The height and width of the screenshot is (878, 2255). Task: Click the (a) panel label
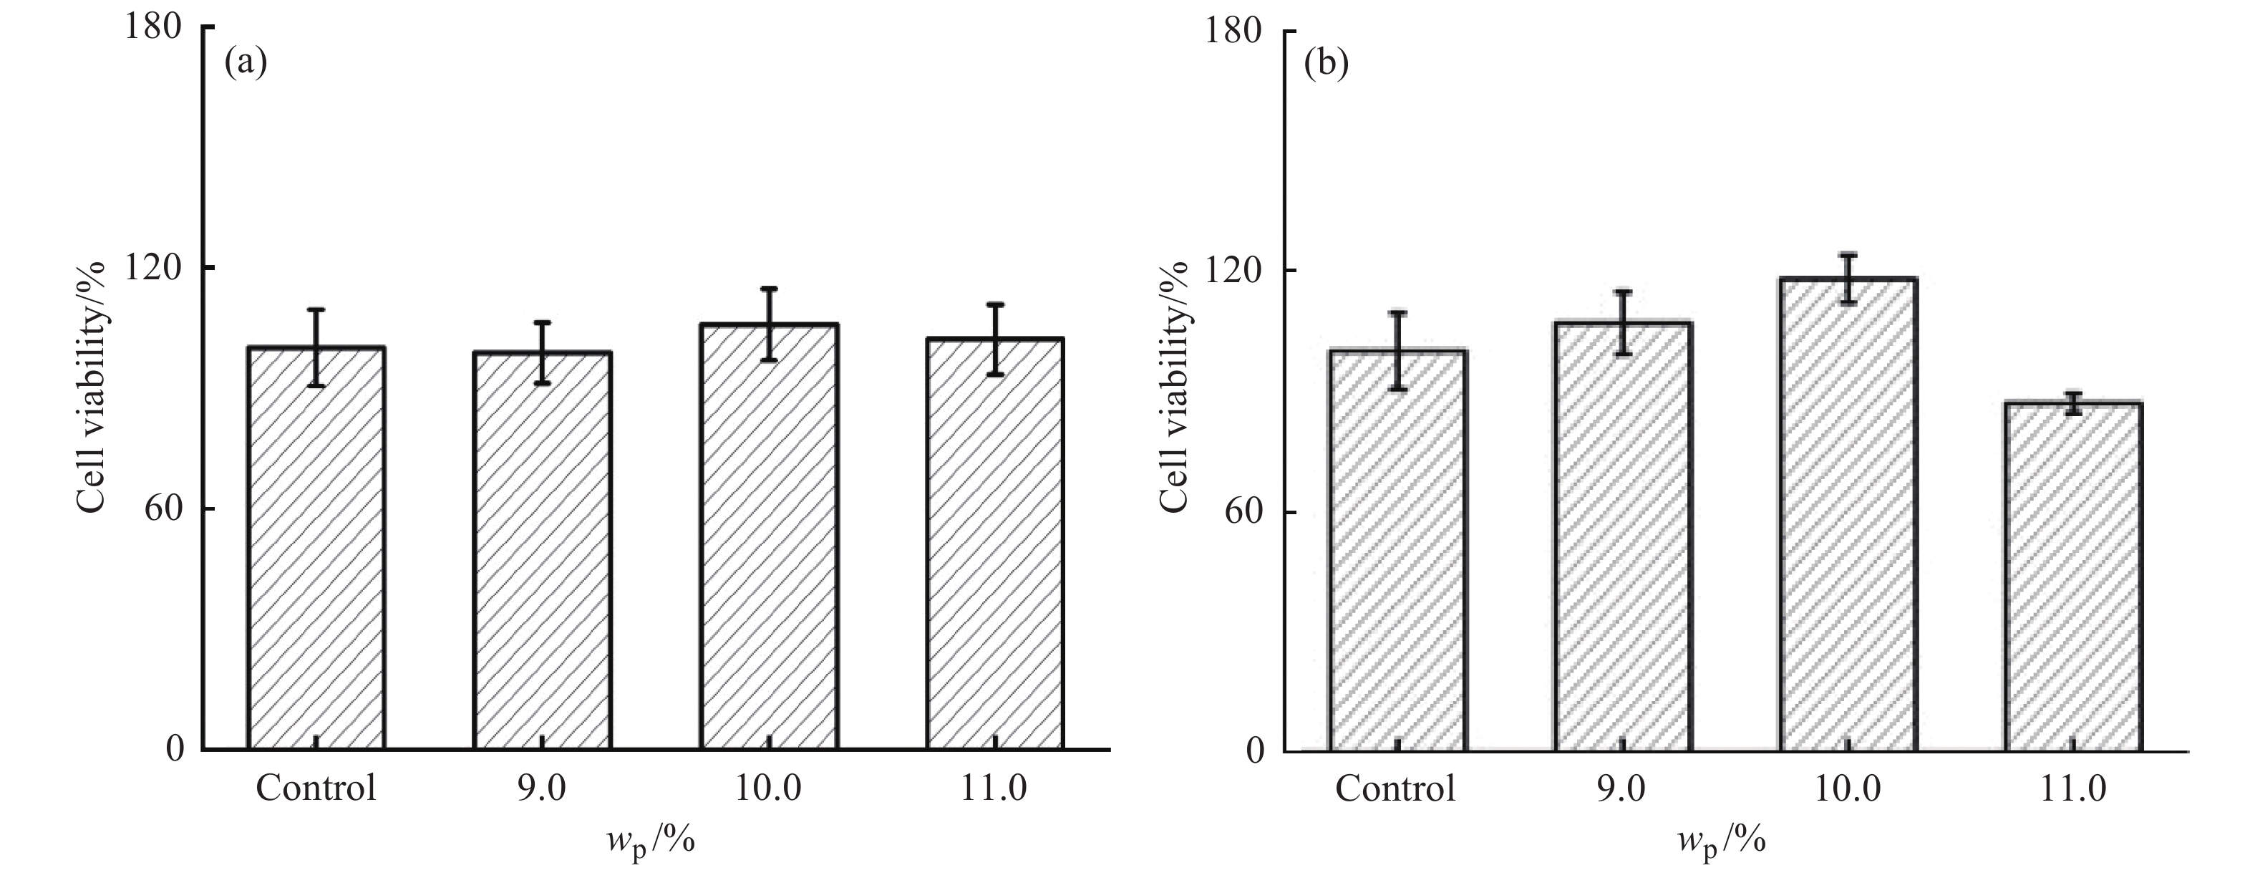tap(245, 63)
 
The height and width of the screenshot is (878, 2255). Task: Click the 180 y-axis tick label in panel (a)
tap(152, 26)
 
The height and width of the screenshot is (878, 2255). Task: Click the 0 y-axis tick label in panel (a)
tap(175, 749)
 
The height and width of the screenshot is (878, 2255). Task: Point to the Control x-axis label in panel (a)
tap(316, 788)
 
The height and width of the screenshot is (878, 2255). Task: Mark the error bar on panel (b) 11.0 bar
tap(2073, 402)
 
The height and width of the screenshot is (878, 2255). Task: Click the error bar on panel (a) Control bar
tap(316, 347)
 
